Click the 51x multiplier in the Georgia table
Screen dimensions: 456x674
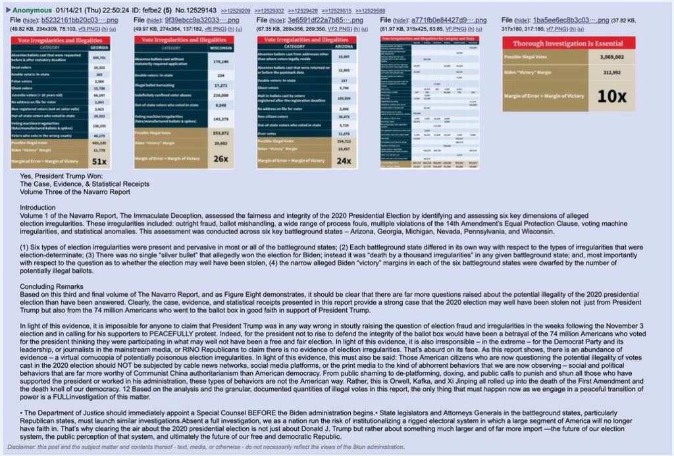(x=99, y=161)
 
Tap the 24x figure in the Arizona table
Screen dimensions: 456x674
(x=343, y=160)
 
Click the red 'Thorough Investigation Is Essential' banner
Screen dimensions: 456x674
(x=569, y=43)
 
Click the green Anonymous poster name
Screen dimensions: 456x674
(x=35, y=11)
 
